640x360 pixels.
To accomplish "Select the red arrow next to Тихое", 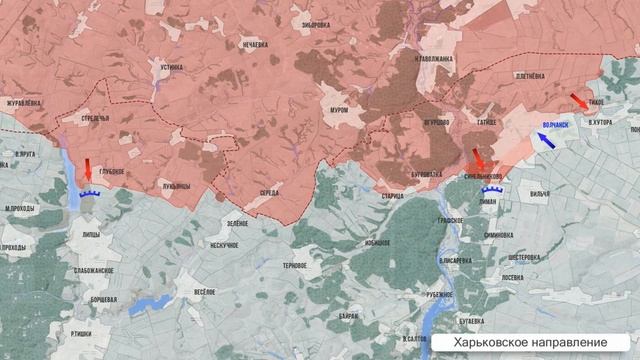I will click(579, 101).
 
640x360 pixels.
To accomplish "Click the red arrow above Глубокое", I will click(87, 168).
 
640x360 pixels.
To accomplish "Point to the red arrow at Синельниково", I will click(478, 158).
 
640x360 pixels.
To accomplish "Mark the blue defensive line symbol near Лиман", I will click(491, 188).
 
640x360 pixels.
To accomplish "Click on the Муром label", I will click(338, 110).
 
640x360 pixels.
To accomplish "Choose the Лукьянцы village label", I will click(176, 184).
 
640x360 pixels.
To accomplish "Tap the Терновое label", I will click(295, 265).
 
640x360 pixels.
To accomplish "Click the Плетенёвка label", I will click(529, 77).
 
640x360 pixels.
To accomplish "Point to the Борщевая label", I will click(104, 298).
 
